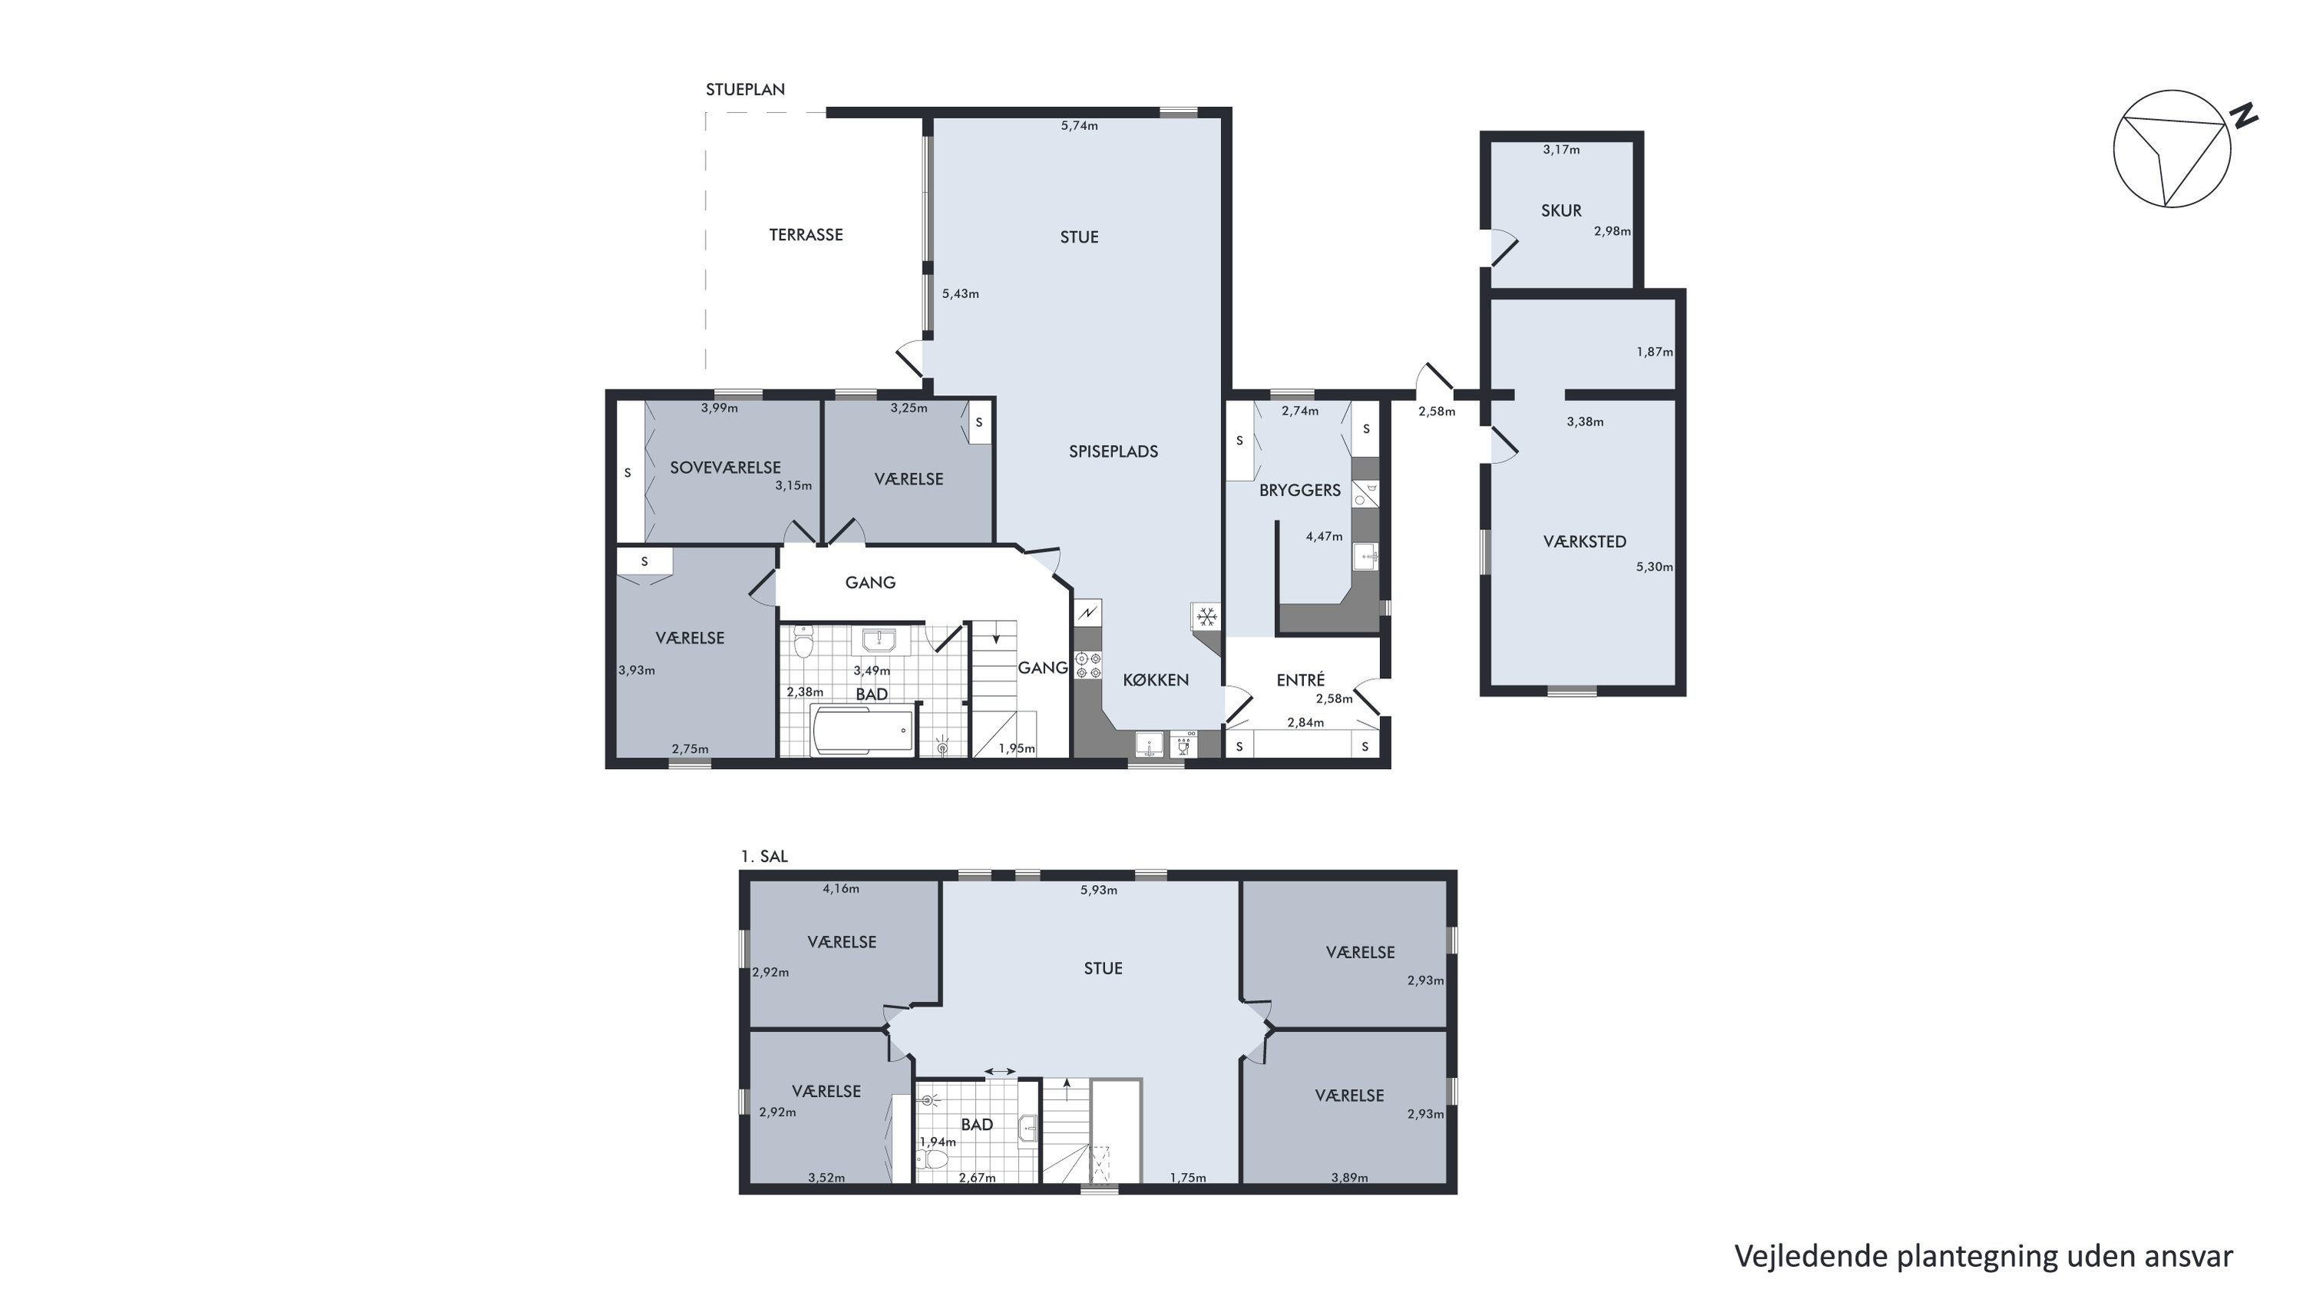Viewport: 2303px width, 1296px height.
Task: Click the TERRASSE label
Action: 806,234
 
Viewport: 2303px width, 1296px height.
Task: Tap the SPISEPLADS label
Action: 1113,452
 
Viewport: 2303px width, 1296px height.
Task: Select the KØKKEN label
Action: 1156,680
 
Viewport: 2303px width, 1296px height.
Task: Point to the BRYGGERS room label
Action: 1300,490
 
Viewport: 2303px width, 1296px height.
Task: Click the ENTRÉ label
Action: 1301,680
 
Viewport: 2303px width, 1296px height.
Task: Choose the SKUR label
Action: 1561,210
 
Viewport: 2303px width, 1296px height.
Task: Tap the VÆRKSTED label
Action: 1584,541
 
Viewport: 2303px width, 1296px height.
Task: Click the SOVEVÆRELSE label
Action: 725,467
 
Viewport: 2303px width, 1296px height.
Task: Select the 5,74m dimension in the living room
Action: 1079,126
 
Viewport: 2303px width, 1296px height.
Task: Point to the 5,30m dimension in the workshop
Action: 1654,566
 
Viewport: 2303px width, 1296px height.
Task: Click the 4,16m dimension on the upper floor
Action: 840,888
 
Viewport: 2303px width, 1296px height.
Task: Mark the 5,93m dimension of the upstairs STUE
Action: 1099,890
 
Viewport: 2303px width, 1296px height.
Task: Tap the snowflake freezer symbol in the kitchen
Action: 1207,616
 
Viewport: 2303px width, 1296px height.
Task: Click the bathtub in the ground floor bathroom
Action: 862,729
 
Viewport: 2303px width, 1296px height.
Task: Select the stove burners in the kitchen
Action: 1088,665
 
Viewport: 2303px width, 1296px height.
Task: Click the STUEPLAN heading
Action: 746,89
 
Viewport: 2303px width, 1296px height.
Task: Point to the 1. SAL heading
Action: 764,856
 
